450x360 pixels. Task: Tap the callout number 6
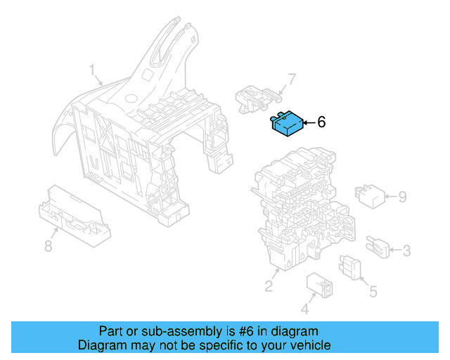[321, 122]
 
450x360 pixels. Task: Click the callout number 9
[402, 197]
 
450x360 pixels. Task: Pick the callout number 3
[406, 250]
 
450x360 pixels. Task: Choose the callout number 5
[373, 290]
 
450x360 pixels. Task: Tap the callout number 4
[305, 309]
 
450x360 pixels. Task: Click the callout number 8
[48, 246]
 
